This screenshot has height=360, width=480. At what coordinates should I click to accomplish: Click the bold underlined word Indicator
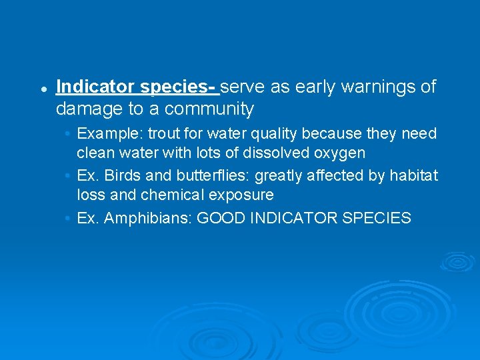pyautogui.click(x=96, y=87)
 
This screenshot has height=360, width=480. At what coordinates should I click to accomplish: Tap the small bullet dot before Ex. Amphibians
pyautogui.click(x=69, y=218)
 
